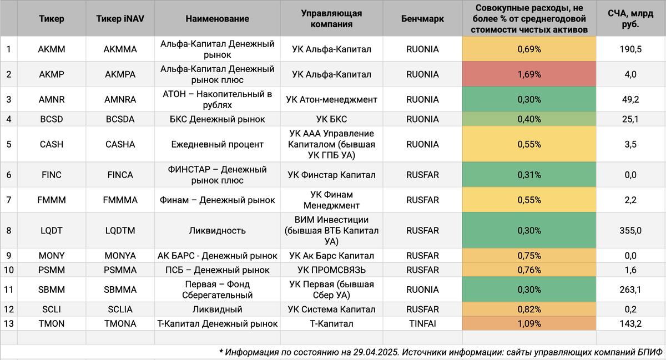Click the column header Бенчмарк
point(422,19)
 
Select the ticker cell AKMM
point(52,49)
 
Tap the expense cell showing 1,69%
point(529,74)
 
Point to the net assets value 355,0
point(630,231)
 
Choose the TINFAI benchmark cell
point(422,323)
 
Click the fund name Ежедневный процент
point(217,144)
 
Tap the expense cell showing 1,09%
point(529,323)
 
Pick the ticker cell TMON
point(52,323)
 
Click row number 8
point(8,231)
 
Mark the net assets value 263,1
point(630,290)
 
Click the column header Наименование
point(217,19)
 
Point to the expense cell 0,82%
point(529,309)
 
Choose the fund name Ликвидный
point(217,309)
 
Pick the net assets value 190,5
point(630,49)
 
